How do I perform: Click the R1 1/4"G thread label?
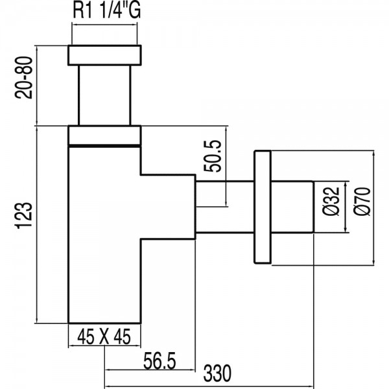click(x=107, y=10)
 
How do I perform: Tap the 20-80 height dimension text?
click(x=24, y=78)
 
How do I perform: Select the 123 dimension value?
click(x=24, y=215)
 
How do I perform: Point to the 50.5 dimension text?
click(x=212, y=156)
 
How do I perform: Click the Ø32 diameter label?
click(x=331, y=201)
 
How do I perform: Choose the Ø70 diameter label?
click(x=362, y=202)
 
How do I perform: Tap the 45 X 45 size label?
click(x=104, y=337)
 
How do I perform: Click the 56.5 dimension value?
click(x=159, y=361)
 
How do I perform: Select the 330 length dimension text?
click(x=217, y=373)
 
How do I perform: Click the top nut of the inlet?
click(x=104, y=55)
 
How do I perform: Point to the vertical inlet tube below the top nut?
click(x=104, y=95)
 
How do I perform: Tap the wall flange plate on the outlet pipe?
click(x=263, y=207)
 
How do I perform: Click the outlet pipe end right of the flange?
click(x=292, y=207)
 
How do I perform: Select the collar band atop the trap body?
click(x=104, y=136)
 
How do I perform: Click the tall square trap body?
click(x=104, y=235)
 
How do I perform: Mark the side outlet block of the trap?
click(x=168, y=207)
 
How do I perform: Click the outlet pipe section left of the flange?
click(x=225, y=207)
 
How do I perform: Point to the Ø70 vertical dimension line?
click(x=373, y=207)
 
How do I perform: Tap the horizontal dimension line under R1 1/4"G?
click(x=104, y=25)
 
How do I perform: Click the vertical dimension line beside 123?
click(x=37, y=224)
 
